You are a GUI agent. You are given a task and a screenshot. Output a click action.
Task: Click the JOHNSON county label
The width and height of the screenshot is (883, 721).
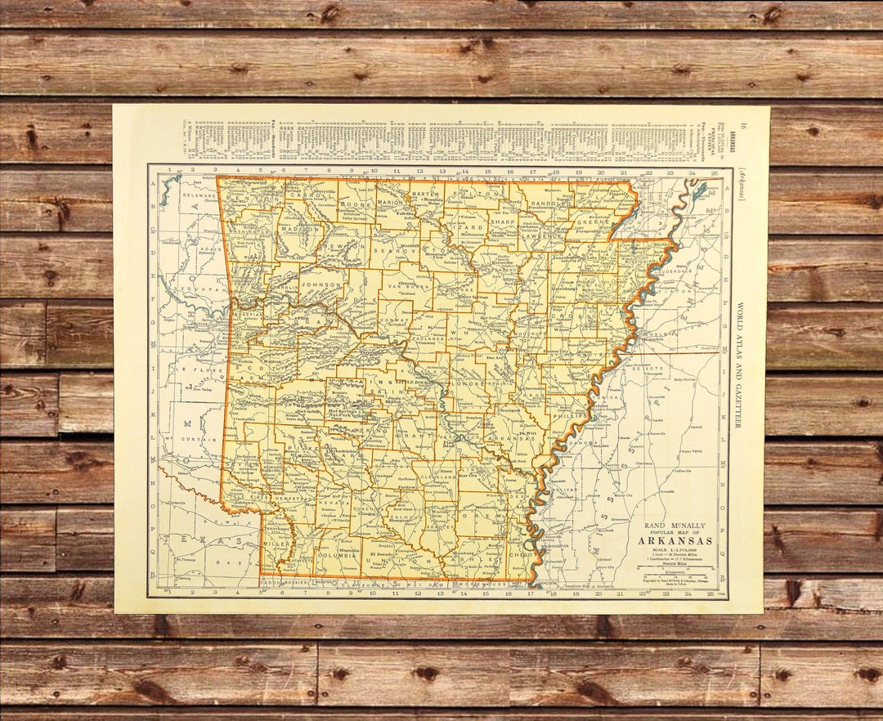point(320,285)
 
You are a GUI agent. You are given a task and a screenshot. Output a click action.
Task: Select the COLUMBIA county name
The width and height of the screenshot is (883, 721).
point(337,558)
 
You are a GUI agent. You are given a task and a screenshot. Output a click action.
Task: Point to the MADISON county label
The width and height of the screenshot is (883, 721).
point(301,231)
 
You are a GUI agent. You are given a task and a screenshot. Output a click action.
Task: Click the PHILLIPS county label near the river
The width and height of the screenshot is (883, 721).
point(570,415)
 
